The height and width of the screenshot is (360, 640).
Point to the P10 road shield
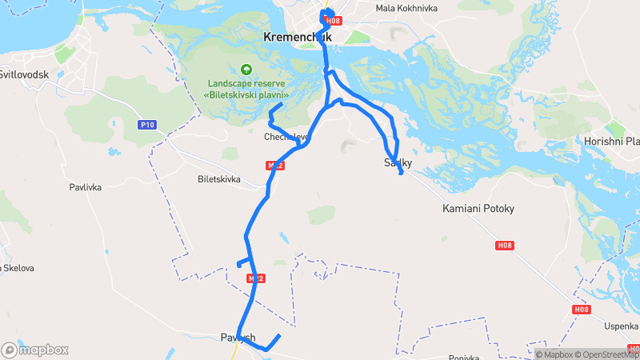coord(146,125)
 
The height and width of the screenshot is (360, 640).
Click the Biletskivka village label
coord(218,179)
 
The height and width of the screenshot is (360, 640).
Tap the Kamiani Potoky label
coord(478,209)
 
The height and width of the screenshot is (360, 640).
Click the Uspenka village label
coord(622,326)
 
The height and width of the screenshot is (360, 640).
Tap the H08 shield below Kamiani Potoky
coord(504,246)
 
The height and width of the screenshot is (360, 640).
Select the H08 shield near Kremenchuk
coord(334,21)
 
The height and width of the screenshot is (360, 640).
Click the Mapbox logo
coord(34,350)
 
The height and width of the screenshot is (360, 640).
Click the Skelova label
coord(18,267)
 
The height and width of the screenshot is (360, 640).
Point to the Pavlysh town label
coord(238,338)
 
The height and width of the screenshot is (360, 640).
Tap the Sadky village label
coord(398,163)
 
